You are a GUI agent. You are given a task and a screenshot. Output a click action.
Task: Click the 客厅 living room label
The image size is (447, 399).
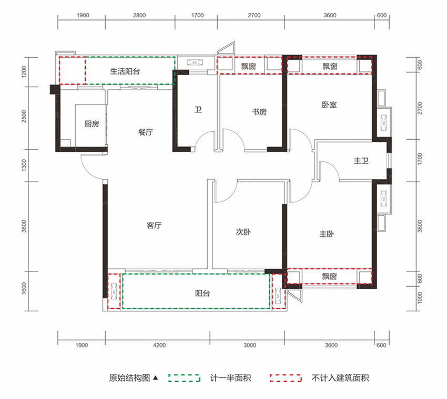tap(154, 226)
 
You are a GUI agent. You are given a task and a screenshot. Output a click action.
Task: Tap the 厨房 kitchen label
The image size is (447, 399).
tap(92, 124)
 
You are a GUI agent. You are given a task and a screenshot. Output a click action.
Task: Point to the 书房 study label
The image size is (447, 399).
tap(259, 112)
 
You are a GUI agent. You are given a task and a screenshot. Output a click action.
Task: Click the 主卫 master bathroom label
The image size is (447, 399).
tap(361, 161)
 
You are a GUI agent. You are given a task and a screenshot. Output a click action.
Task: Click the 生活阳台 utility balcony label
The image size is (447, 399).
tap(125, 72)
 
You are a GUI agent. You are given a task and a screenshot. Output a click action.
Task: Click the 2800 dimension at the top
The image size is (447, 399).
tap(139, 16)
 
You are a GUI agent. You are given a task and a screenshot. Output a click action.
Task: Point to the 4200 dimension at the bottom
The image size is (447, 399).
tap(159, 345)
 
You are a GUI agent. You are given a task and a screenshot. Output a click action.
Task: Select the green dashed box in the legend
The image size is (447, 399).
tap(184, 378)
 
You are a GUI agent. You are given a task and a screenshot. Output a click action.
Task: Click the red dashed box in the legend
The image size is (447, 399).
tap(285, 378)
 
